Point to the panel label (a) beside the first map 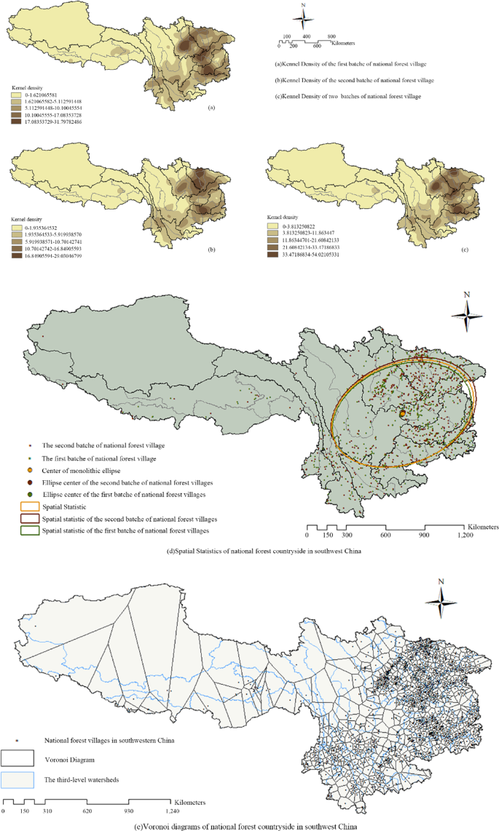(x=211, y=107)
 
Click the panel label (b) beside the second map (x=211, y=249)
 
